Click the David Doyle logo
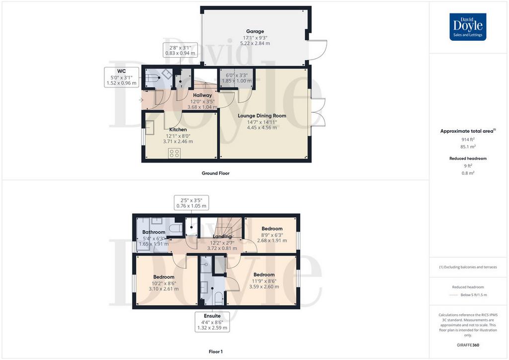tap(468, 27)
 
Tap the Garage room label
tap(255, 31)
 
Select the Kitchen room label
tap(178, 129)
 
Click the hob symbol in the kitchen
tap(174, 153)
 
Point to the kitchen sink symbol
tap(149, 128)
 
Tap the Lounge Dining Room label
tap(262, 115)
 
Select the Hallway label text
tap(202, 95)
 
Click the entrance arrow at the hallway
tap(141, 100)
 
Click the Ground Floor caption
tap(216, 174)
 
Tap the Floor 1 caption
tap(216, 352)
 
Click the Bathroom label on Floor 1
tap(154, 232)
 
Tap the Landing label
tap(222, 237)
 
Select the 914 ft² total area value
tap(468, 139)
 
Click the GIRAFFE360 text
tap(468, 345)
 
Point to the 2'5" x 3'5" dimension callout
tap(191, 203)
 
